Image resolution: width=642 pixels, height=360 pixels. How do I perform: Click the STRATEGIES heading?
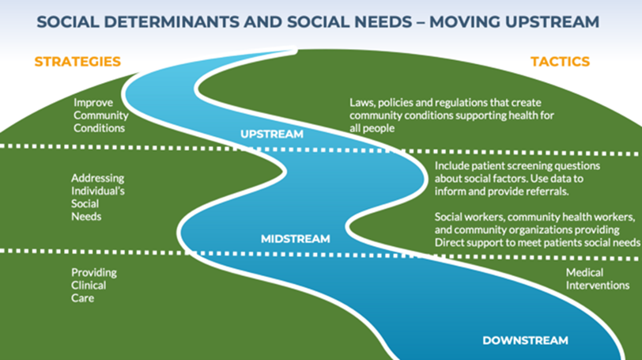pyautogui.click(x=77, y=62)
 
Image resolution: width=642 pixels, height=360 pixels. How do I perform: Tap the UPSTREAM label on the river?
pyautogui.click(x=271, y=135)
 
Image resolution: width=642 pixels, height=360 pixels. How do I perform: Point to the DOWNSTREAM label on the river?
pyautogui.click(x=525, y=341)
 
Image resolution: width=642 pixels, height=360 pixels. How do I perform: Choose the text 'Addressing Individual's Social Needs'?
pyautogui.click(x=97, y=197)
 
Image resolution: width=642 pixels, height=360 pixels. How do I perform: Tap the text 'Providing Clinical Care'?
pyautogui.click(x=94, y=285)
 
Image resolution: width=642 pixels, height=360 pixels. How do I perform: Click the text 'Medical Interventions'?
pyautogui.click(x=597, y=279)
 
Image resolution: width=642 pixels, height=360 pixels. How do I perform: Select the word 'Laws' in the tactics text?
pyautogui.click(x=363, y=103)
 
